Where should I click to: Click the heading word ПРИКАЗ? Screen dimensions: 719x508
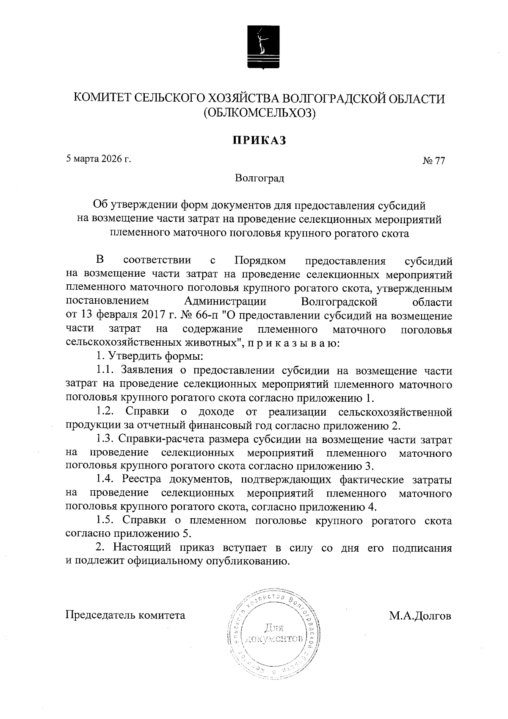coord(259,140)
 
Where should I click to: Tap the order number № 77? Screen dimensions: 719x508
coord(434,161)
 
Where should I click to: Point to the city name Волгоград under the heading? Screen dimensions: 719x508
coord(260,178)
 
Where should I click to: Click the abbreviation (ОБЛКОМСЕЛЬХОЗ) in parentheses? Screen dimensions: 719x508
coord(260,114)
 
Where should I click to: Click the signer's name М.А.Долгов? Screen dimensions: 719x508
coord(420,615)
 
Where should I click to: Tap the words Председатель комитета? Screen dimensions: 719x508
coord(125,615)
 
